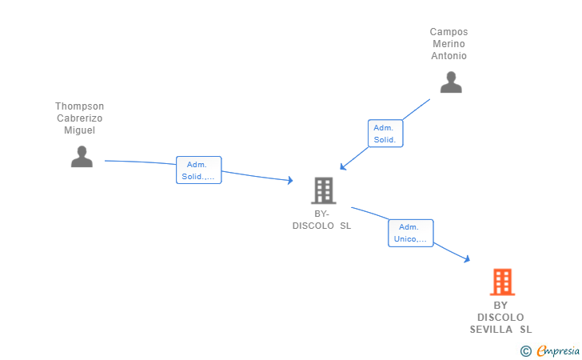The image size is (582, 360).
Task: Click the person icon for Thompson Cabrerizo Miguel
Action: coord(82,157)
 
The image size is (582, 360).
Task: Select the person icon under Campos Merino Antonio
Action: coord(451,82)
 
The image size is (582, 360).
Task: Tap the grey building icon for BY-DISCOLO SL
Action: coord(324,190)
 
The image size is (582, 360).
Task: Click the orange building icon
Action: coord(502,282)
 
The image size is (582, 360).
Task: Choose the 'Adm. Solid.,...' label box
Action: coord(198,170)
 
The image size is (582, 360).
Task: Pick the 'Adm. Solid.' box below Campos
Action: coord(385,134)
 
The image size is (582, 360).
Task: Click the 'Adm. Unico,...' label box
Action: coord(411,233)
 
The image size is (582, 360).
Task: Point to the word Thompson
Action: coord(79,106)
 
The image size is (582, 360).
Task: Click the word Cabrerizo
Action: coord(79,118)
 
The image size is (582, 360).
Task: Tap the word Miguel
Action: coord(79,130)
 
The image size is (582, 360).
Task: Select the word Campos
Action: coord(448,32)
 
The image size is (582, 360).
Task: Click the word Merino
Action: coord(448,44)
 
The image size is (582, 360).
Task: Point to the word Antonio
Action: coord(448,56)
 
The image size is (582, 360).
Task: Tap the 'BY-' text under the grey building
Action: coord(321,214)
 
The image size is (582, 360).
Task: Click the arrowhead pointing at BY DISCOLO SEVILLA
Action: coord(468,259)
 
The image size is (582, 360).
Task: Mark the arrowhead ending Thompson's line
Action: coord(290,181)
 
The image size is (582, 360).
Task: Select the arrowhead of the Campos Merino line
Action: coord(343,166)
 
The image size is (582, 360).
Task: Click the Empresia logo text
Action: coord(558,350)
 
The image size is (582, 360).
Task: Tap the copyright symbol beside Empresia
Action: coord(525,351)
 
